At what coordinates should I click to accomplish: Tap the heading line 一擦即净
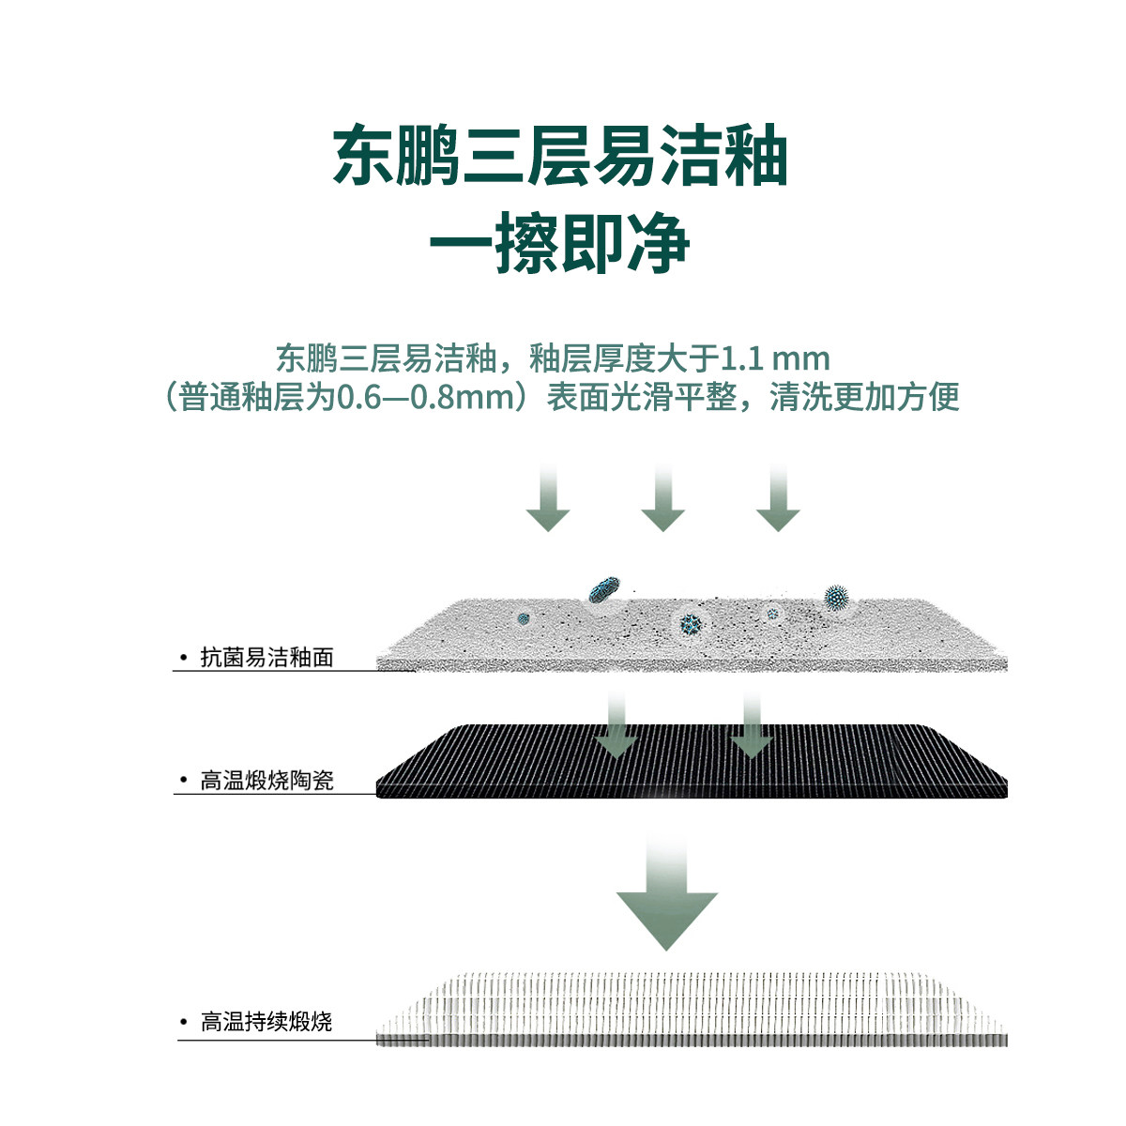point(560,246)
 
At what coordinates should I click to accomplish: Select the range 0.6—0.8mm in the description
point(422,397)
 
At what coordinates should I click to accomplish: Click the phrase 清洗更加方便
point(864,397)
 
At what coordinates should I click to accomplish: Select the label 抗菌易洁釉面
point(267,658)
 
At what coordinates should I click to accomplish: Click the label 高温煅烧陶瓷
point(267,781)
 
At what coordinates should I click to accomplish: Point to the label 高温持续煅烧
point(267,1022)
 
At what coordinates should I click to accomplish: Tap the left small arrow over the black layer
point(616,727)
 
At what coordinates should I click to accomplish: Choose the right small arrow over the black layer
point(751,727)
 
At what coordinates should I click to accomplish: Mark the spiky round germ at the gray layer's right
point(835,597)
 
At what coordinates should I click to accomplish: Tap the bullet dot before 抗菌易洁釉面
point(184,658)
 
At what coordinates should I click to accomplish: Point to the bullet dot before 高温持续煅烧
point(184,1022)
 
